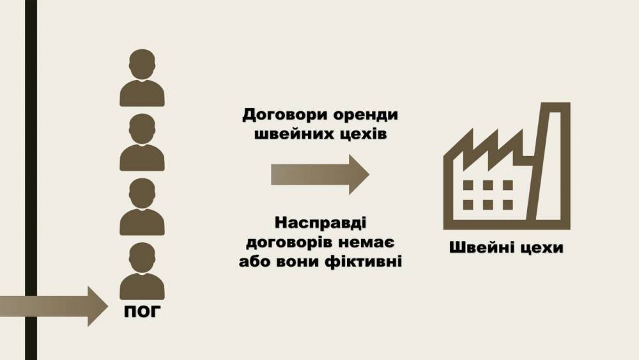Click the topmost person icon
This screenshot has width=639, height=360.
point(142,77)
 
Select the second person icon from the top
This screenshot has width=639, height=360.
point(142,142)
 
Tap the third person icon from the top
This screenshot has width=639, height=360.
point(142,207)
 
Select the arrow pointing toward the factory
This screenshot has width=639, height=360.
point(320,173)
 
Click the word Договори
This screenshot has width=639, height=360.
point(282,116)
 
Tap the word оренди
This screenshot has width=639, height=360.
point(363,116)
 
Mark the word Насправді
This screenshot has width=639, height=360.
point(320,224)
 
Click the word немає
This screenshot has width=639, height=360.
point(365,243)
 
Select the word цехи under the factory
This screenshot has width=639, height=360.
point(542,247)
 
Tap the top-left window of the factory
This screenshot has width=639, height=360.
point(468,185)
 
